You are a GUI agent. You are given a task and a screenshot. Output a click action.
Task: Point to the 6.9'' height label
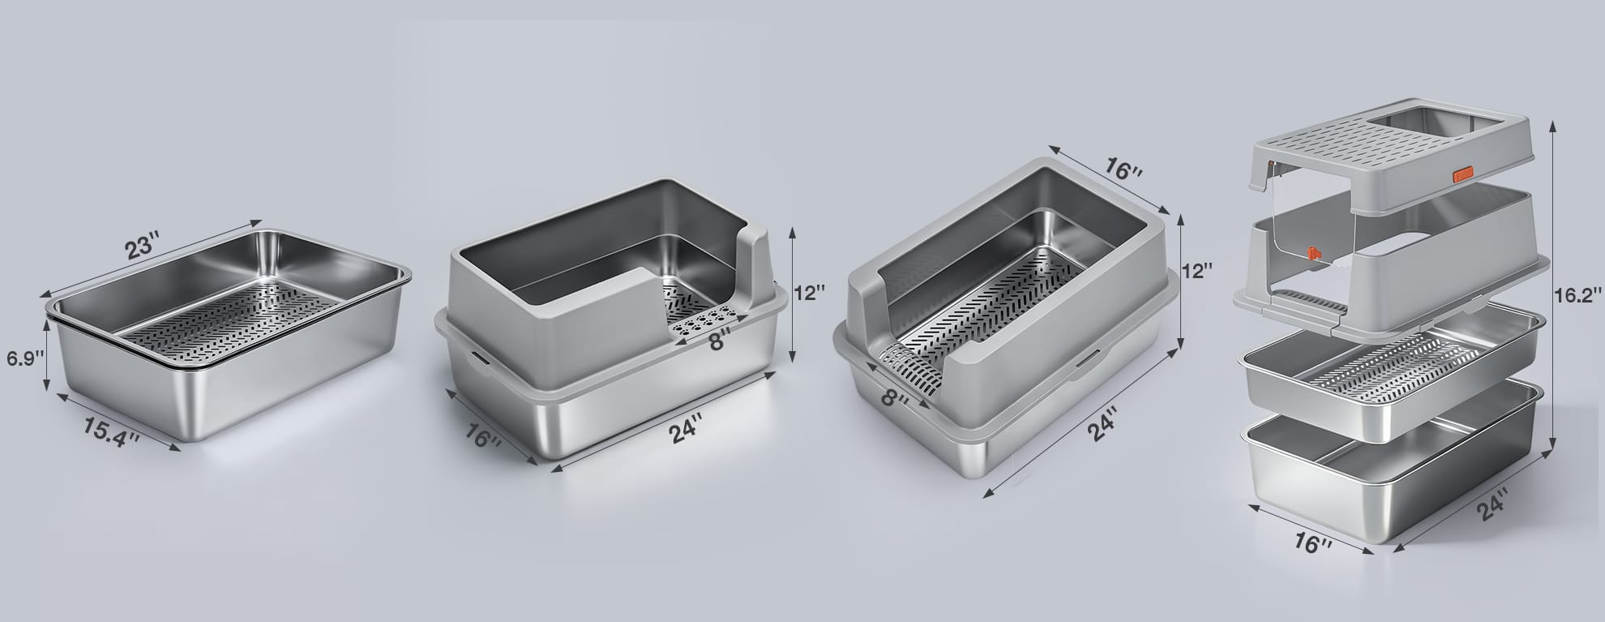[24, 358]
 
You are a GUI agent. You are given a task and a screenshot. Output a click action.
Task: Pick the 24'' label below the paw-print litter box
[685, 431]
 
